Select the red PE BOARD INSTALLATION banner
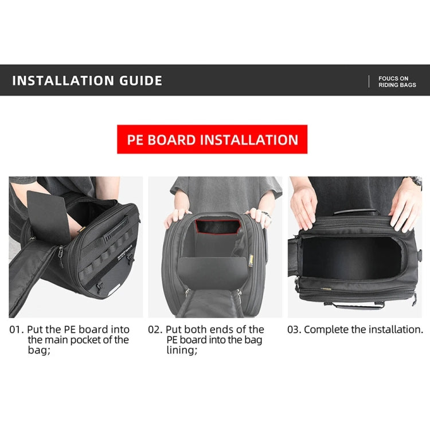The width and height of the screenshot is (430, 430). [x=212, y=139]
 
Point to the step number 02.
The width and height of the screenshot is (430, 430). [x=154, y=330]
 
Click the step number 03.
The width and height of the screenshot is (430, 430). [x=294, y=330]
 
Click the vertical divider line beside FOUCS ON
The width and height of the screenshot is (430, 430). [x=369, y=81]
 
